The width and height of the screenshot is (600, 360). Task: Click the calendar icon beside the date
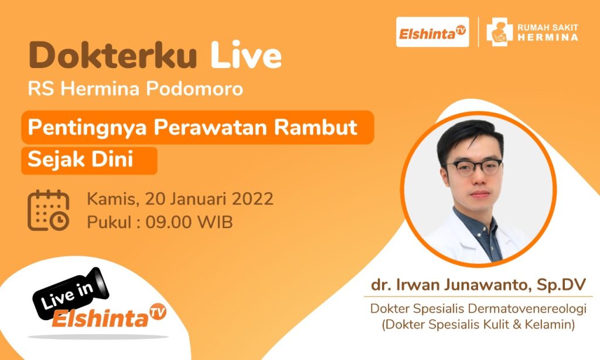pos(49,210)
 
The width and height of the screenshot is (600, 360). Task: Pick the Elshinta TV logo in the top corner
pos(432,33)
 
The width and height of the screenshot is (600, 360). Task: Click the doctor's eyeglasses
pos(473,168)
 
